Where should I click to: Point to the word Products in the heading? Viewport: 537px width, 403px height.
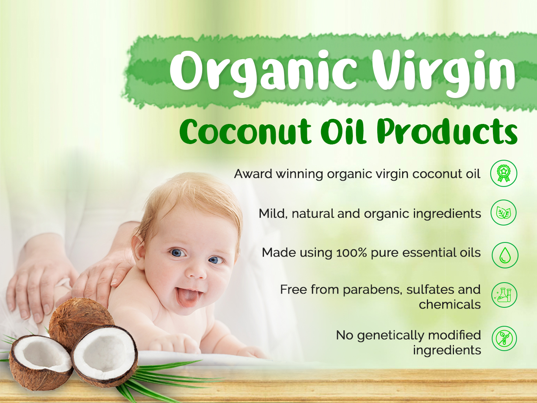[x=447, y=131]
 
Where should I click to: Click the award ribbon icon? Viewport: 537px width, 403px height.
[x=504, y=173]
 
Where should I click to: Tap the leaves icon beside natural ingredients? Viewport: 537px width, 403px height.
[x=504, y=213]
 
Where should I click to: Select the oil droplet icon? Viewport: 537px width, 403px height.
[x=505, y=255]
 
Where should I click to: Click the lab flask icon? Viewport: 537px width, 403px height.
[x=504, y=295]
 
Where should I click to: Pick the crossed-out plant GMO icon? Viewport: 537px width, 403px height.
[x=504, y=338]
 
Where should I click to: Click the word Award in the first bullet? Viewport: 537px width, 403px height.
[x=253, y=174]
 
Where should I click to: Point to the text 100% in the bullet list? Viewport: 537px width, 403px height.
[x=352, y=253]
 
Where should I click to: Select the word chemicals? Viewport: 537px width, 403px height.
[x=450, y=305]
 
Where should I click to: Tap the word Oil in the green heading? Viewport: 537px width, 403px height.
[x=343, y=131]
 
